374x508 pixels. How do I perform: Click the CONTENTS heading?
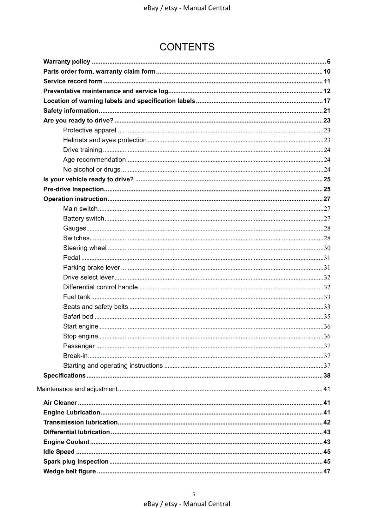[x=187, y=47]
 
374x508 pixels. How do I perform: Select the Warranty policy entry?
[x=67, y=62]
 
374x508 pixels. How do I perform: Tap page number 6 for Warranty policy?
[x=329, y=62]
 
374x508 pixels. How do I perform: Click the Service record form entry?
[x=73, y=81]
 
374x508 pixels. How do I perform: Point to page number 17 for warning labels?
[x=327, y=101]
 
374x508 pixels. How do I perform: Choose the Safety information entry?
[x=71, y=111]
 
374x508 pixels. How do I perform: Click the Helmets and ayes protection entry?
[x=105, y=140]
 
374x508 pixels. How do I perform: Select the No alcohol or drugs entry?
[x=91, y=170]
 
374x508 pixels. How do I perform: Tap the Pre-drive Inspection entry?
[x=73, y=189]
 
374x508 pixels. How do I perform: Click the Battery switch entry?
[x=83, y=218]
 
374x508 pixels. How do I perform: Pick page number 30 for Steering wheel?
[x=327, y=248]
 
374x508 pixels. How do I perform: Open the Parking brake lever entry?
[x=91, y=268]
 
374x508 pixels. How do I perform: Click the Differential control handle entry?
[x=100, y=287]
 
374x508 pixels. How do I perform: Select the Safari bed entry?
[x=78, y=317]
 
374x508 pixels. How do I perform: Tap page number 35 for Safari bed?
[x=327, y=317]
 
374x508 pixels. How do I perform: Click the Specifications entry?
[x=64, y=376]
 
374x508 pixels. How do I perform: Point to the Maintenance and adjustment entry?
[x=77, y=389]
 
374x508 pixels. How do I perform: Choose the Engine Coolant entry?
[x=66, y=442]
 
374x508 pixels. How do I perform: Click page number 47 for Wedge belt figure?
[x=327, y=471]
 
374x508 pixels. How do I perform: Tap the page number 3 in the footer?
[x=194, y=494]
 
